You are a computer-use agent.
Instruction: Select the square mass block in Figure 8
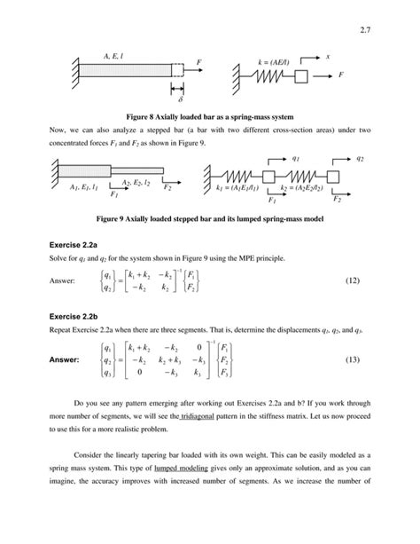coord(301,78)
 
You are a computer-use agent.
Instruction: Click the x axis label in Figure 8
coord(328,56)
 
